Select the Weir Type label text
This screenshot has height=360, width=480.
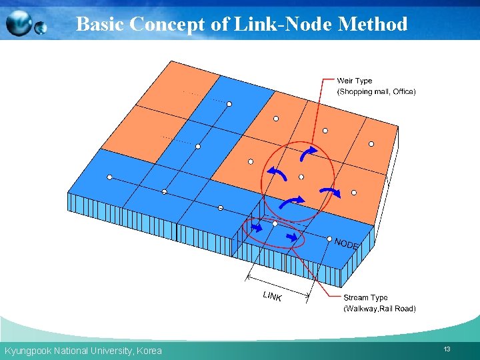(355, 81)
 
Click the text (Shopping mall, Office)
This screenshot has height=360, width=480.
(376, 91)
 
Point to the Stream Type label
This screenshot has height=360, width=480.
(365, 298)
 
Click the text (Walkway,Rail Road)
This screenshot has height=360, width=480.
(379, 309)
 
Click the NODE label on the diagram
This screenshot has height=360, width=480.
(346, 244)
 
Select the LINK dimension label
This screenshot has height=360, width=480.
(272, 295)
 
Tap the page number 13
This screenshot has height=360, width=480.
(446, 349)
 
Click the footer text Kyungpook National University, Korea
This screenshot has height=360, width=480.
(83, 351)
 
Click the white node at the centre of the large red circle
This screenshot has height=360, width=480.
(301, 177)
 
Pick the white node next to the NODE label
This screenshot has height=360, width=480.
(329, 238)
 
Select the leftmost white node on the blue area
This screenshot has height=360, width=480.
(109, 177)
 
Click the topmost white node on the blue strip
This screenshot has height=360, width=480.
(229, 104)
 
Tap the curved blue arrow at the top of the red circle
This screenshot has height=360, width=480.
(307, 153)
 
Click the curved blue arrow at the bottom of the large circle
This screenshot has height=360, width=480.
(291, 201)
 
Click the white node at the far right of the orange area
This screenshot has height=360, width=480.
(371, 143)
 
